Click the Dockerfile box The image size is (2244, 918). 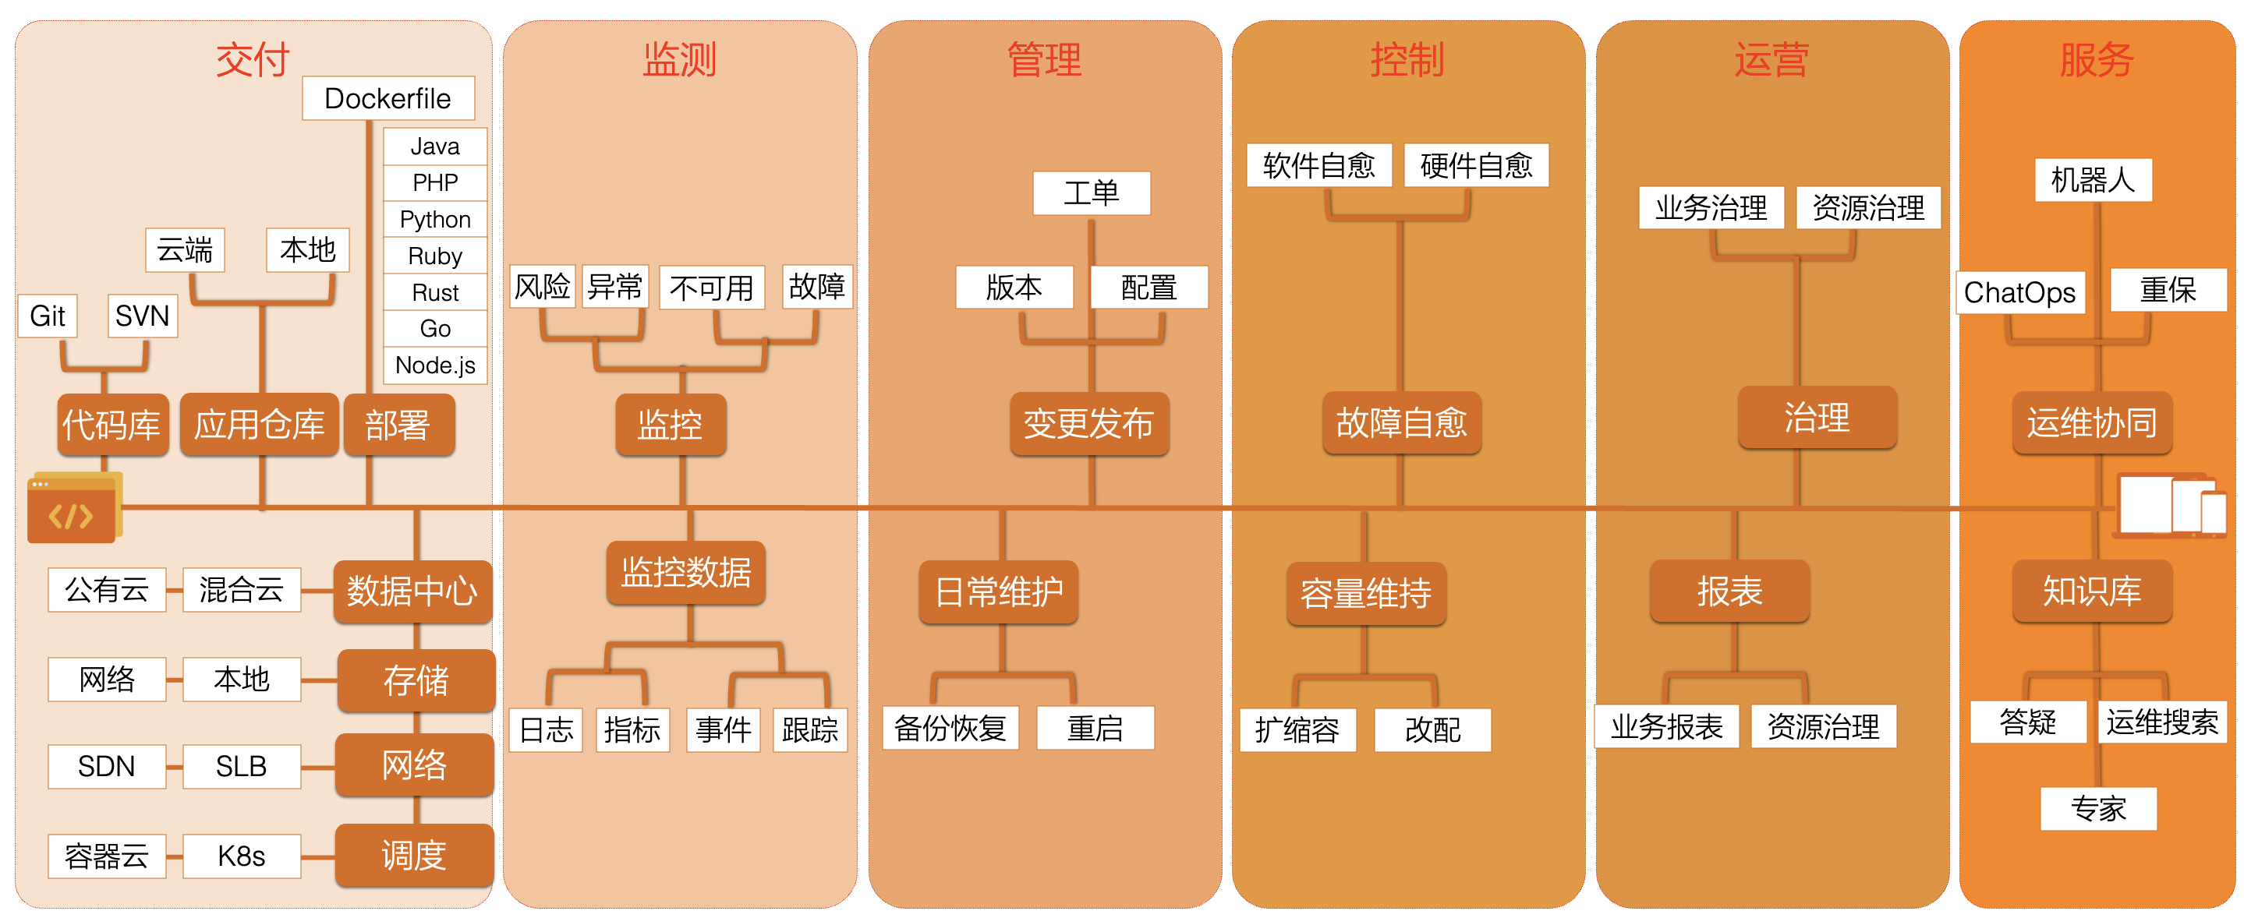(x=388, y=98)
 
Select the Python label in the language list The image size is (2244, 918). (x=435, y=220)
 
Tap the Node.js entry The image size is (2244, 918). (x=435, y=365)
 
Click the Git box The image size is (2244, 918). (x=48, y=316)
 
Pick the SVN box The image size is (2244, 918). (x=142, y=316)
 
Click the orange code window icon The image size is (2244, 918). (x=73, y=509)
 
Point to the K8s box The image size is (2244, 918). (x=241, y=856)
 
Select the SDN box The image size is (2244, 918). (x=106, y=767)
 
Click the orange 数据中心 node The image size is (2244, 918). (x=412, y=591)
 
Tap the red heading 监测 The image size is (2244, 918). (x=679, y=59)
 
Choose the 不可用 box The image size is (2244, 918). (x=712, y=288)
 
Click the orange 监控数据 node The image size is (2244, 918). (x=685, y=572)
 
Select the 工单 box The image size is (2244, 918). (x=1091, y=192)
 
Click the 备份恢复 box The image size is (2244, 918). (x=950, y=728)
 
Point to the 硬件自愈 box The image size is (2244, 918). (x=1476, y=164)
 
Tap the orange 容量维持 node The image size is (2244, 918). (x=1366, y=593)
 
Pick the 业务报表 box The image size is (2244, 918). (x=1665, y=726)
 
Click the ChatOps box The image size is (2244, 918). (x=2019, y=293)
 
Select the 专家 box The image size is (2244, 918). (x=2097, y=809)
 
